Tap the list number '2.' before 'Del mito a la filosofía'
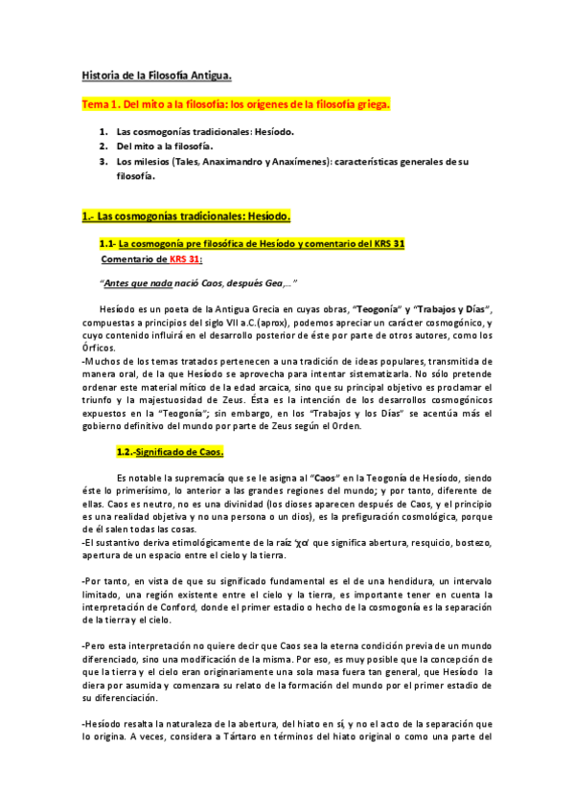pyautogui.click(x=103, y=147)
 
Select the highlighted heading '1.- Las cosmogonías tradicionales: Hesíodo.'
pyautogui.click(x=184, y=217)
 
